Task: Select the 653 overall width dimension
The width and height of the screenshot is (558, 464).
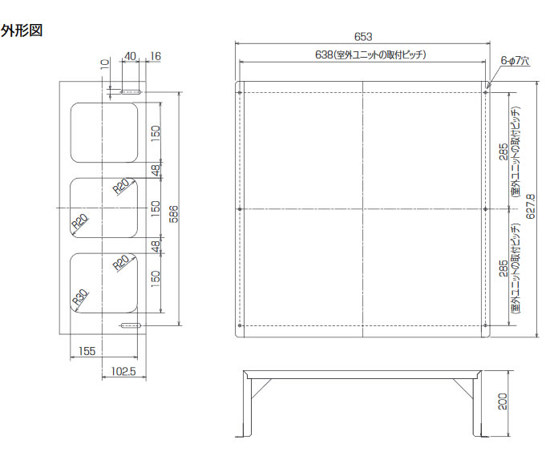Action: click(x=363, y=36)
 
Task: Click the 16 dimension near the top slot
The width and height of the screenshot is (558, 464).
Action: click(x=156, y=56)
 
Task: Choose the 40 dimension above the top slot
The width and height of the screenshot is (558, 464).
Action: click(x=130, y=56)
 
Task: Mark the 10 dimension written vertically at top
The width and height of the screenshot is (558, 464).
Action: click(x=104, y=63)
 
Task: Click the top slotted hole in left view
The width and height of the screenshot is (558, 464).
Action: click(x=130, y=93)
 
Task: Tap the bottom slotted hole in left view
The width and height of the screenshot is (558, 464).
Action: click(x=130, y=325)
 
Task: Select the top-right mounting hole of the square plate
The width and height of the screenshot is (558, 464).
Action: click(x=486, y=92)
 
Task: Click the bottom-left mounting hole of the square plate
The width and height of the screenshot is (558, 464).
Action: click(x=241, y=325)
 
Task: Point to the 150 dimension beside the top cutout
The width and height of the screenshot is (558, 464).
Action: click(x=156, y=131)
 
